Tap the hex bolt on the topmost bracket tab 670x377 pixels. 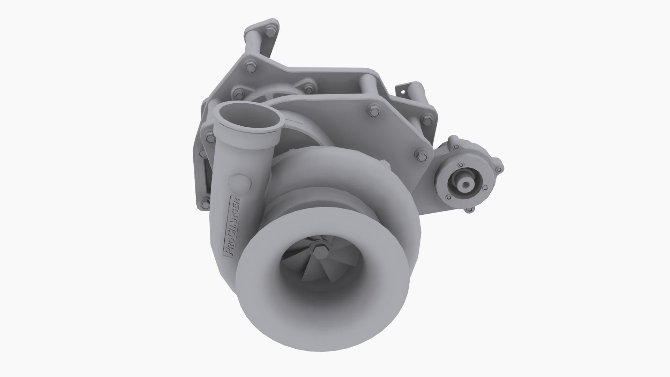point(270,31)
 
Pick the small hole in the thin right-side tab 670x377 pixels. point(404,92)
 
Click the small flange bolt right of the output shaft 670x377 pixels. point(485,188)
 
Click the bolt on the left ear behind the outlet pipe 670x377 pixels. point(209,139)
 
